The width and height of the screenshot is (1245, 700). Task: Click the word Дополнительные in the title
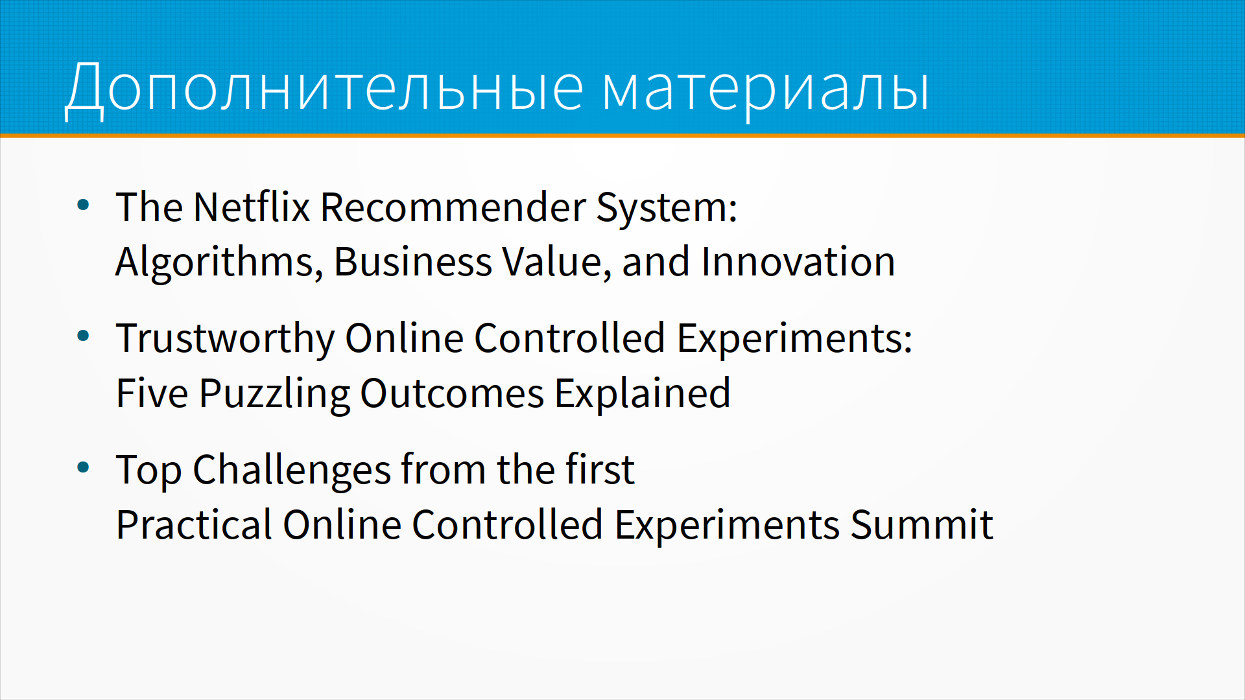click(324, 88)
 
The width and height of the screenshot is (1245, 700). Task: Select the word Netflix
click(252, 207)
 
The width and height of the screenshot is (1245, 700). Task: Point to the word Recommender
click(453, 207)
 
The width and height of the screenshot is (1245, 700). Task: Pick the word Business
click(412, 262)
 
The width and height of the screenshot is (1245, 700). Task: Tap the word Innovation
click(798, 262)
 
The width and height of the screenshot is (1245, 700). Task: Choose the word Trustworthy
click(225, 339)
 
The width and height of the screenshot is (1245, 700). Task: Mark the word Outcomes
click(452, 394)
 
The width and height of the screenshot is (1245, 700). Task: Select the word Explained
click(643, 394)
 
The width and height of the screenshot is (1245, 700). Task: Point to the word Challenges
click(292, 471)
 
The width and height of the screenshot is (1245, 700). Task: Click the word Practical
click(194, 525)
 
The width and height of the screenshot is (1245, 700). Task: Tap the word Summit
click(921, 525)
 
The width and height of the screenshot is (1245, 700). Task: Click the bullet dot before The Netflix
click(83, 205)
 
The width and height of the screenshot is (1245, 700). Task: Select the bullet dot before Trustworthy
click(83, 336)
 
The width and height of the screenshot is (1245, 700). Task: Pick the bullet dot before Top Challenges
click(83, 467)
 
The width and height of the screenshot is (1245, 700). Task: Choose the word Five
click(152, 393)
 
